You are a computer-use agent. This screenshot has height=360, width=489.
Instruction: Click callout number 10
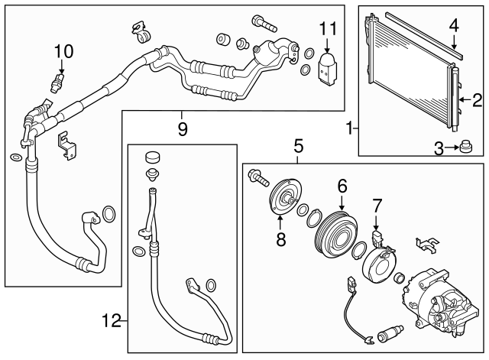64,51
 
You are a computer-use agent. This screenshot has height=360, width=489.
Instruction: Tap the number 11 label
328,28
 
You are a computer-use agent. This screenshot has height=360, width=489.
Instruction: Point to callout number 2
477,99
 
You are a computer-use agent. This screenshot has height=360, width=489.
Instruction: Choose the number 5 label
298,144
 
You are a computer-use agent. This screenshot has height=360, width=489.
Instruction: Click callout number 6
342,184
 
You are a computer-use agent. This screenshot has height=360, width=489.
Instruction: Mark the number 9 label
183,128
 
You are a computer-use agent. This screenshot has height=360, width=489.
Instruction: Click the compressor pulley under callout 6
341,229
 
